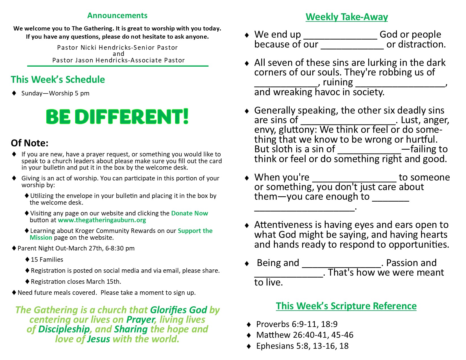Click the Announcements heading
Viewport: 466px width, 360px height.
click(x=117, y=16)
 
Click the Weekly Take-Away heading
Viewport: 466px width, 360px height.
click(x=347, y=17)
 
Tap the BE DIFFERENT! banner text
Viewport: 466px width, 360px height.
click(x=117, y=117)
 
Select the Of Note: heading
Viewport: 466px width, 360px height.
click(x=30, y=143)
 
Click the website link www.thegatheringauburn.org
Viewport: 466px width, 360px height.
click(x=102, y=220)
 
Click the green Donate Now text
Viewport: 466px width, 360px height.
click(x=190, y=213)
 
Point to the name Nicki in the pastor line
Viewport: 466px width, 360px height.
click(x=89, y=47)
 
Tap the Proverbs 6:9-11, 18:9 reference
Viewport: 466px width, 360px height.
click(x=297, y=324)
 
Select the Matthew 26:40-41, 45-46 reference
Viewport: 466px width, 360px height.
click(x=305, y=335)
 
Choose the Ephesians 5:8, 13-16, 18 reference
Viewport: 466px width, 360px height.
click(x=302, y=346)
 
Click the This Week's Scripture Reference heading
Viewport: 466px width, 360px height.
click(x=346, y=306)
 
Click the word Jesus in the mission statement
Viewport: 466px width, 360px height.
click(x=99, y=339)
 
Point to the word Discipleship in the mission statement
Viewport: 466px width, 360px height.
click(x=64, y=329)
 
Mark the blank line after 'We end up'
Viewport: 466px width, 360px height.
click(x=340, y=39)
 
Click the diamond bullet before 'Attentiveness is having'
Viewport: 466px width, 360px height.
click(x=247, y=225)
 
